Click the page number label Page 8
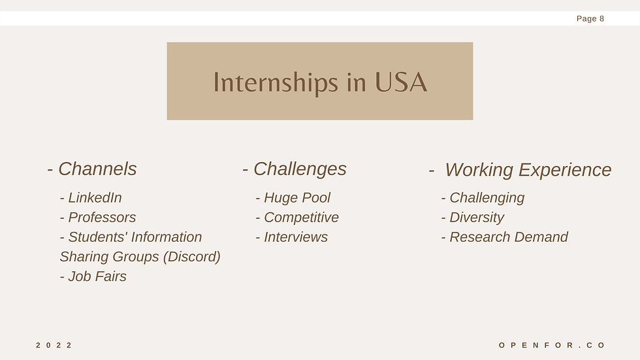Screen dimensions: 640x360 [590, 19]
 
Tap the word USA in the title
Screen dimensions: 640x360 [401, 82]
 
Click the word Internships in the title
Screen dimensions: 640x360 [276, 83]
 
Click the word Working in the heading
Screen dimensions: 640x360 [479, 171]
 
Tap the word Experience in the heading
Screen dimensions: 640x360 [565, 171]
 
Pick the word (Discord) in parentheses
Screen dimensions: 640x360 [192, 257]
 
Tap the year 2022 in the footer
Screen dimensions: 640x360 [54, 346]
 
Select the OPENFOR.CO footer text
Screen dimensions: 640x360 [552, 346]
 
